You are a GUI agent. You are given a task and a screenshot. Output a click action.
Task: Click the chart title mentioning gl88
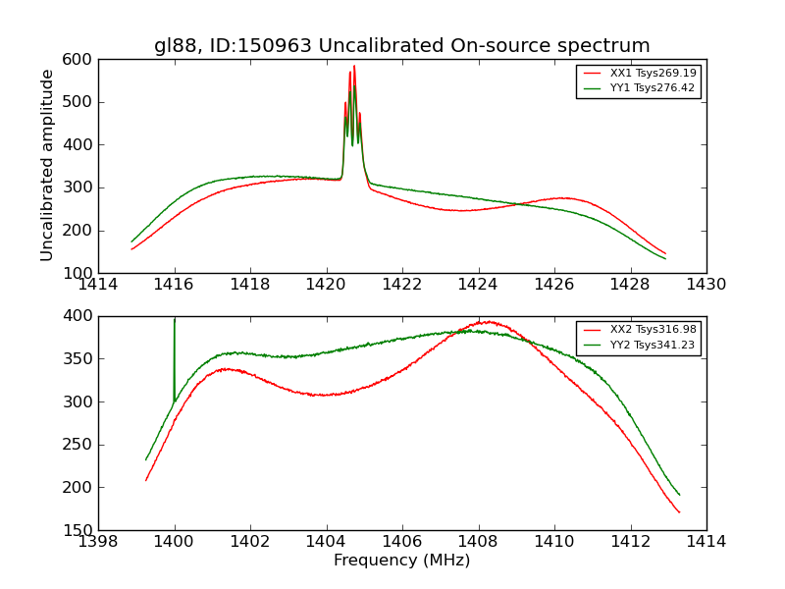click(x=401, y=45)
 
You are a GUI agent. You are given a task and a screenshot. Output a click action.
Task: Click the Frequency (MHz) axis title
click(x=401, y=561)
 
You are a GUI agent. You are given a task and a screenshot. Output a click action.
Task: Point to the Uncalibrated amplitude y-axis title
click(x=47, y=165)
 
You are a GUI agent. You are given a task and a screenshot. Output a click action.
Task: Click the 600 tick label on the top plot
click(x=80, y=59)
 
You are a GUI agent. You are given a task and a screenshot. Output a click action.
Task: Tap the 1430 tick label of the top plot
click(x=706, y=285)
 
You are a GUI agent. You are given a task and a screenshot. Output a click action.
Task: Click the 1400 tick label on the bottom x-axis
click(x=174, y=542)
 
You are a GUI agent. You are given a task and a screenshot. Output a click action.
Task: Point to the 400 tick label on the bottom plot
click(x=80, y=316)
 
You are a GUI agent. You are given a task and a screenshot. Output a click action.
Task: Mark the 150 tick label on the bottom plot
click(x=80, y=530)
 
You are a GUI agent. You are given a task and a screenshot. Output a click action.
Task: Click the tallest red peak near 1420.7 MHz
click(x=354, y=67)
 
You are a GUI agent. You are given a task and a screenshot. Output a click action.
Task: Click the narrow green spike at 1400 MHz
click(x=175, y=320)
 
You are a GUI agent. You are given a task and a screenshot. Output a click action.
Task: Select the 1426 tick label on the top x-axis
click(x=553, y=285)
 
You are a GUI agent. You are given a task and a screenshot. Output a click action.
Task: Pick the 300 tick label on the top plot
click(x=80, y=187)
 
